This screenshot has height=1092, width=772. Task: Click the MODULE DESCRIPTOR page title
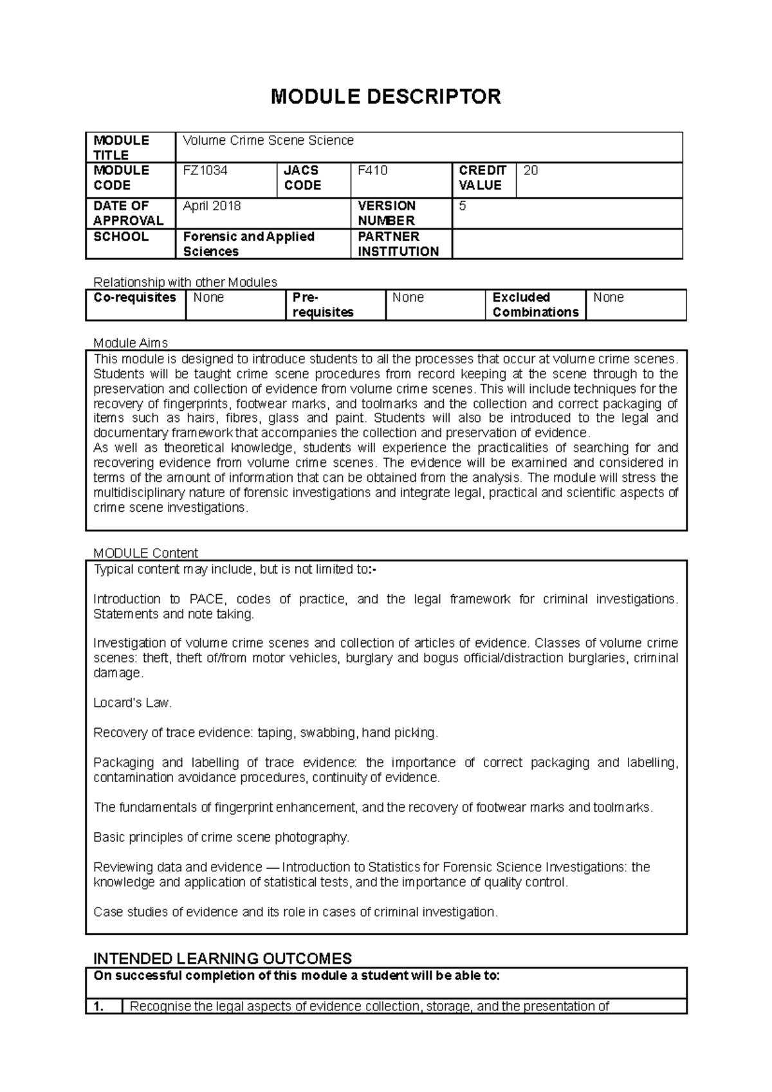tap(385, 96)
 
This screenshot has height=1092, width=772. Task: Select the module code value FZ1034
tap(205, 170)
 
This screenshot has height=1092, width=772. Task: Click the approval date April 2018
tap(212, 206)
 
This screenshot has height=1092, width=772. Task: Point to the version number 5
tap(462, 206)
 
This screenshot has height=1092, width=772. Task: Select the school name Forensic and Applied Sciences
tap(248, 244)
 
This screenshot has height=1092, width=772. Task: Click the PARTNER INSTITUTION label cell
tap(398, 244)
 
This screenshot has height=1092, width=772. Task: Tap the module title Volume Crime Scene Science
tap(268, 140)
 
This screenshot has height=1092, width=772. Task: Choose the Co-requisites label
tap(135, 298)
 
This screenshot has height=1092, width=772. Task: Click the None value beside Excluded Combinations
tap(608, 298)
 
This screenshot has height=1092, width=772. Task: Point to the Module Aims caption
tap(131, 343)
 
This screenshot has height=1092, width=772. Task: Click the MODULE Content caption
tap(145, 553)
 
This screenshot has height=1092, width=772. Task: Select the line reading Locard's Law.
tap(133, 703)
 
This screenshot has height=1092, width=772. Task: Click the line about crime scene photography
tap(221, 837)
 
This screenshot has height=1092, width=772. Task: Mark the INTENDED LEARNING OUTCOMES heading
tap(223, 958)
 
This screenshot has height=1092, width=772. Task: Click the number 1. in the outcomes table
tap(99, 1006)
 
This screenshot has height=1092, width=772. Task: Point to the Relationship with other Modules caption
tap(185, 282)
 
